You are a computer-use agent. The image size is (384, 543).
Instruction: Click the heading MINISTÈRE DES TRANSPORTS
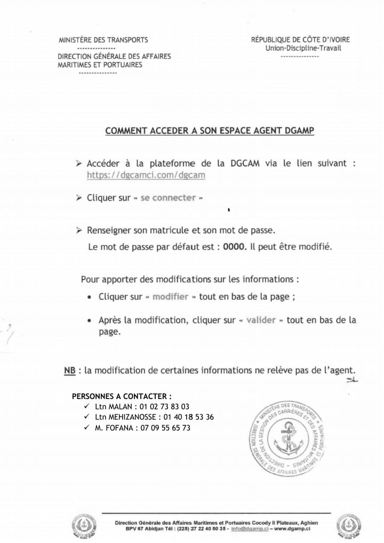click(x=103, y=39)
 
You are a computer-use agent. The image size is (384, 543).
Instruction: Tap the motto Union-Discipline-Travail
click(x=303, y=48)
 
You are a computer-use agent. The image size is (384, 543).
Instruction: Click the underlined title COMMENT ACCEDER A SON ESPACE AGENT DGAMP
click(x=210, y=131)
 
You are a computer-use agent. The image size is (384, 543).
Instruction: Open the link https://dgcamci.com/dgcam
click(x=146, y=174)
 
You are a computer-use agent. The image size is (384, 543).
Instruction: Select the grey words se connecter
click(x=168, y=198)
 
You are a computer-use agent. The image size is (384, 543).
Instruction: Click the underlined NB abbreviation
click(x=69, y=370)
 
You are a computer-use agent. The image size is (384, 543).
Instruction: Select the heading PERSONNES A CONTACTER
click(x=122, y=396)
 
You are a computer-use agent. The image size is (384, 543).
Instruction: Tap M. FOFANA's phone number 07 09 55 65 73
click(x=165, y=428)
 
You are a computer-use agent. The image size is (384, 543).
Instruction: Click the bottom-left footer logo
click(x=84, y=525)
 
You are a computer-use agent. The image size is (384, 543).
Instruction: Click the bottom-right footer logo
click(x=351, y=525)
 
